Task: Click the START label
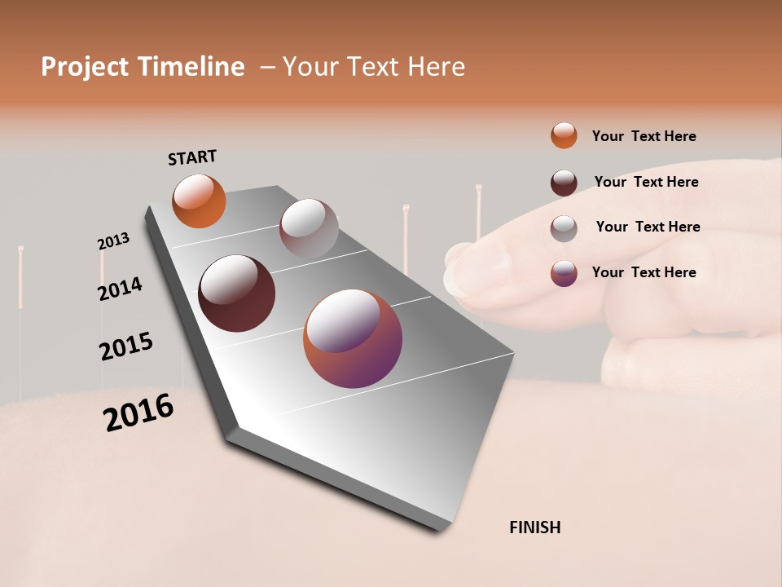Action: pos(192,157)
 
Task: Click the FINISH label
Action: pos(535,527)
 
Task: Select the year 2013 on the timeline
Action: pos(113,241)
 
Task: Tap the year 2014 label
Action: pos(120,289)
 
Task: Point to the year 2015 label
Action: pos(126,346)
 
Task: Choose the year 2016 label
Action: pos(138,412)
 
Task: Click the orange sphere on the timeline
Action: pos(199,201)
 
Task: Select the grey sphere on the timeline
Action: pos(309,228)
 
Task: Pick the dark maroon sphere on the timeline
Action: pos(236,293)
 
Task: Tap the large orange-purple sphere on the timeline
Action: pos(353,338)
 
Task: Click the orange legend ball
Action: pos(564,135)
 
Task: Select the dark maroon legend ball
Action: pos(564,183)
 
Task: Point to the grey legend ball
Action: pos(564,228)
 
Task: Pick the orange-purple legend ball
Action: pos(564,273)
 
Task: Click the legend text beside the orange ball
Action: pos(644,136)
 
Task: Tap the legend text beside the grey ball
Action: pos(648,227)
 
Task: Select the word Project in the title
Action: pos(86,67)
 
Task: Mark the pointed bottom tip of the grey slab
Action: pos(444,527)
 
